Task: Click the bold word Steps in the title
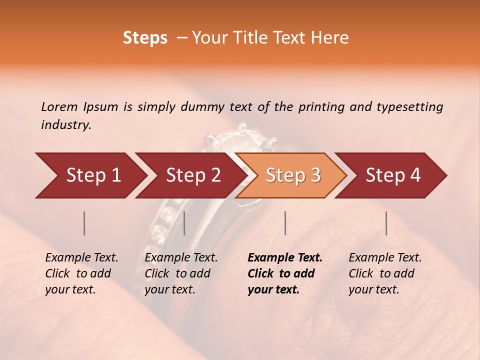145,38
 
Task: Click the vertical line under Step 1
84,223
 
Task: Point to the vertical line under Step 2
184,223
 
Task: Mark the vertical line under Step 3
285,223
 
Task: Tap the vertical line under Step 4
386,223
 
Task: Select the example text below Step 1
81,273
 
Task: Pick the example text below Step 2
181,273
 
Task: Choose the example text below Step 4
385,273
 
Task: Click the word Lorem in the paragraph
59,106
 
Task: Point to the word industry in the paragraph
66,125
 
